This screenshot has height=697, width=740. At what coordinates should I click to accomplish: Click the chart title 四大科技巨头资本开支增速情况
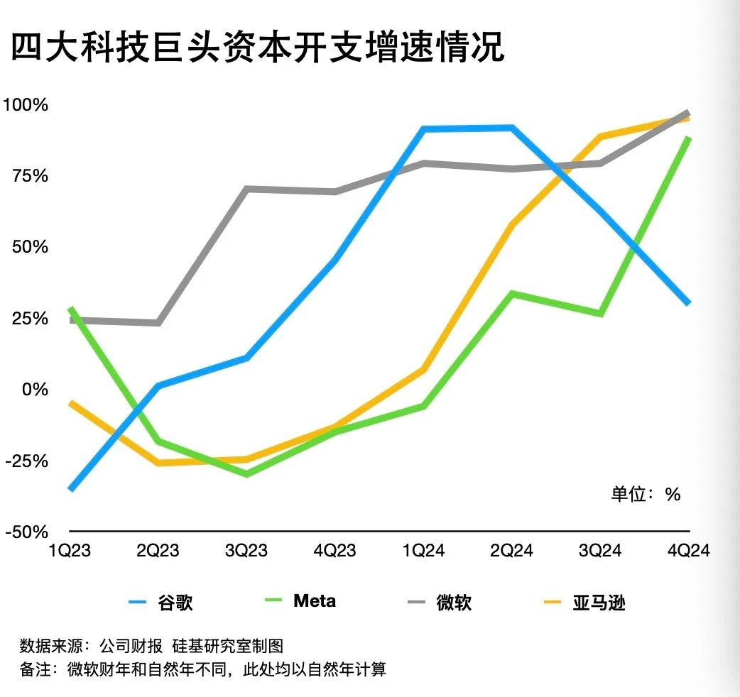coord(257,48)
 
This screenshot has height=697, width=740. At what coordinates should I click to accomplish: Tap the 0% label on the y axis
coord(33,390)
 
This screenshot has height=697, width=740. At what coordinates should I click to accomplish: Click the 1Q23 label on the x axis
coord(70,551)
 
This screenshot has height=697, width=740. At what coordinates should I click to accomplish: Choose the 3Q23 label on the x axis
coord(246,551)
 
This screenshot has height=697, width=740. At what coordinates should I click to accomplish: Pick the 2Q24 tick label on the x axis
coord(512,551)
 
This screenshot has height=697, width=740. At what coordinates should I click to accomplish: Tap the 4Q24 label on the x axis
coord(689,551)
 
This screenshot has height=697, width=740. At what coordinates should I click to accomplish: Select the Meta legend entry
coord(298,602)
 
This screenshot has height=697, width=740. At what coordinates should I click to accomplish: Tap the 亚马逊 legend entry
coord(584,603)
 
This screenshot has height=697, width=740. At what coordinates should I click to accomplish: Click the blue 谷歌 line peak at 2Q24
coord(512,128)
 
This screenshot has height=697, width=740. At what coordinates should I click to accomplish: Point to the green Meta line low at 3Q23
coord(246,473)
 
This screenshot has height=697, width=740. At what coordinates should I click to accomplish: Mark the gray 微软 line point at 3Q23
coord(246,189)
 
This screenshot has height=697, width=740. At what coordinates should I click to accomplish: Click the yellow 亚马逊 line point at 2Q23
coord(158,463)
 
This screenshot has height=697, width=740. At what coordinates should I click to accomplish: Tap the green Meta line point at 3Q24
coord(601,313)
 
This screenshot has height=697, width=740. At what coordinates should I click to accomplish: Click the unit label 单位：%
coord(646,494)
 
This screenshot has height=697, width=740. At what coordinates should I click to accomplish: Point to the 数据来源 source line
coord(151,646)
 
